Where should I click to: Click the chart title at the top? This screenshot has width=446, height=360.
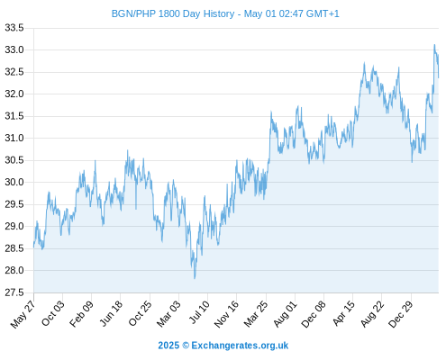click(x=225, y=13)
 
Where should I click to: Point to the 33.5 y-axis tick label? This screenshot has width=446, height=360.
click(x=14, y=28)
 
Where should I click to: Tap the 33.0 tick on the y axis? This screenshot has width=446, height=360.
click(x=14, y=49)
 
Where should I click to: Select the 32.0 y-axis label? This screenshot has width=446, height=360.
click(x=14, y=94)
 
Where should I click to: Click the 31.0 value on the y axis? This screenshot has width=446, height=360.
click(x=14, y=138)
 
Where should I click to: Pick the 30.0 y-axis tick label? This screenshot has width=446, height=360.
click(x=14, y=182)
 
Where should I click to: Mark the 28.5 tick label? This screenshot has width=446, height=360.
click(x=14, y=248)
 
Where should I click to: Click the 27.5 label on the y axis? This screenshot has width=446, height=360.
click(x=14, y=292)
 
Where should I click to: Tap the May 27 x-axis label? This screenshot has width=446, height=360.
click(x=23, y=314)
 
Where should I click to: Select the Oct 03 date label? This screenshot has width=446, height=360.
click(x=53, y=313)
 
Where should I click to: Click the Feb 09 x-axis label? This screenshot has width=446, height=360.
click(x=81, y=314)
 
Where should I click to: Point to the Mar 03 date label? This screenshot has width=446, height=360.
click(x=168, y=314)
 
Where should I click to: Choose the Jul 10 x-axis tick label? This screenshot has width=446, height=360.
click(x=199, y=312)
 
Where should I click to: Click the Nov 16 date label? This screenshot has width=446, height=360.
click(x=226, y=314)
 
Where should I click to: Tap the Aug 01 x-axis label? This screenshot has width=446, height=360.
click(x=285, y=314)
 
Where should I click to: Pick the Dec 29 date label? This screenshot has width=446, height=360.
click(x=401, y=314)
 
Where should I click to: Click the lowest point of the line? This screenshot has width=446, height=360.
click(x=195, y=278)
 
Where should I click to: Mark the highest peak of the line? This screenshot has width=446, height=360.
click(x=434, y=45)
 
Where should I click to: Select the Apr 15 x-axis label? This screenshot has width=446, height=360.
click(x=344, y=314)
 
